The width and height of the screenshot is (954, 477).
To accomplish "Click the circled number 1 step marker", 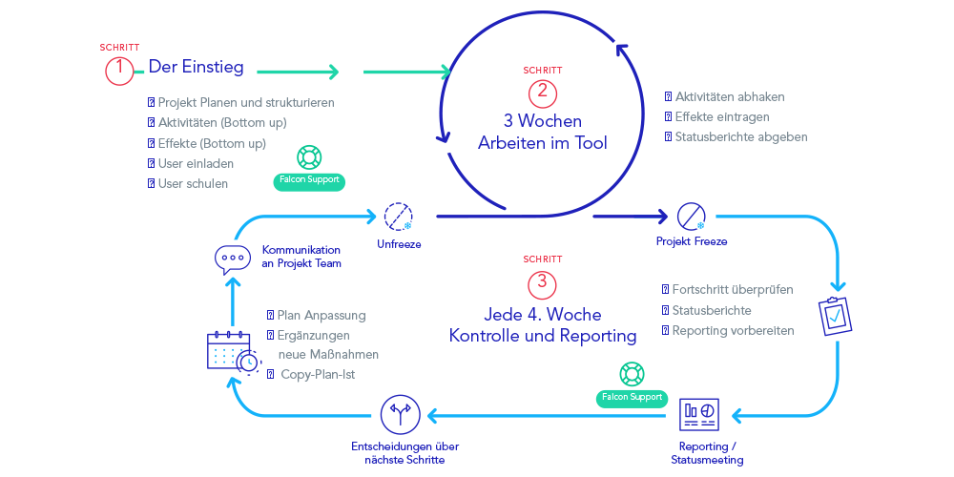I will click(x=120, y=69).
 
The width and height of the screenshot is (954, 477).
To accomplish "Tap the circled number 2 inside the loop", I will click(x=542, y=93).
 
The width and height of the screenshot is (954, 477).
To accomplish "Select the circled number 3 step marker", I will click(x=542, y=282).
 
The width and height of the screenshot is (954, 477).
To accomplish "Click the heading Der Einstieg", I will click(x=196, y=67).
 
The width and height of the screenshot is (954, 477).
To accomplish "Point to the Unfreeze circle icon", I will click(x=398, y=217).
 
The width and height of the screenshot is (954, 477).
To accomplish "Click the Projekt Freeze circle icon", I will click(x=691, y=217).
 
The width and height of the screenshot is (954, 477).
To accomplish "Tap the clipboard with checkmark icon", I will click(x=835, y=315).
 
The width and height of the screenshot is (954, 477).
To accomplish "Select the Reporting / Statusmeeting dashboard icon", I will click(x=699, y=414).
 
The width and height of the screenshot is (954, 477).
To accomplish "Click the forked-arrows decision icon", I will click(x=399, y=414).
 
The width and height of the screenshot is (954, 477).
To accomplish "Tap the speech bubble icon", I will click(x=232, y=257).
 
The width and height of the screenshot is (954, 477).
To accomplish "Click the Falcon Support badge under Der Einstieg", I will click(x=307, y=179).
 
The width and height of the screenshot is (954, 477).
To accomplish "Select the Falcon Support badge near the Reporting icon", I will click(x=631, y=396).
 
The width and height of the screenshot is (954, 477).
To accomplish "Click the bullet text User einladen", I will click(x=195, y=162).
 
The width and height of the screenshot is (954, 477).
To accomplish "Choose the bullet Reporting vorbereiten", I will click(x=733, y=330).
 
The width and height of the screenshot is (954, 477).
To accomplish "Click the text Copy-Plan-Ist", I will click(x=318, y=374).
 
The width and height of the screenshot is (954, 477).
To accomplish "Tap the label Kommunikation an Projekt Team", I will click(x=301, y=257).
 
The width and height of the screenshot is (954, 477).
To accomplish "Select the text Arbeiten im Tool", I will click(x=542, y=142).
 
